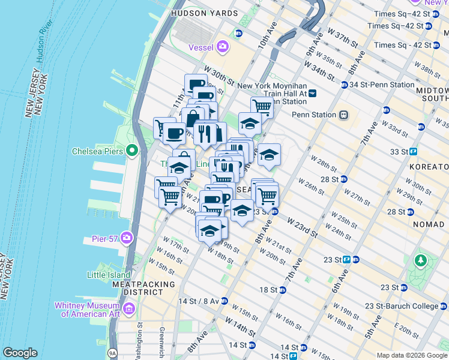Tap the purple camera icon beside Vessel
(x=223, y=46)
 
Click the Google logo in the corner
(x=20, y=352)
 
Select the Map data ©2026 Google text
(x=411, y=355)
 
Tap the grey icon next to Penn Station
(x=344, y=115)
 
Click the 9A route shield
(x=112, y=353)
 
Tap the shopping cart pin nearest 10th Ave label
(x=262, y=106)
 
